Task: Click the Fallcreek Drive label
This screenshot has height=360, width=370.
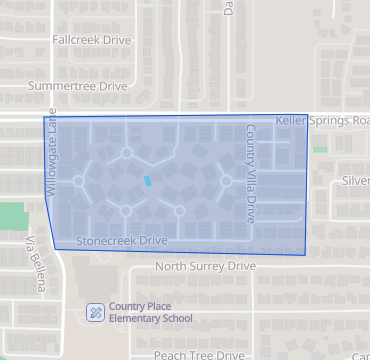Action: [x=91, y=39]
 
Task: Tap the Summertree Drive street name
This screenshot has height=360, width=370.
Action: [x=78, y=87]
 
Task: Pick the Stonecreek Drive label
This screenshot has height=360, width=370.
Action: [x=121, y=241]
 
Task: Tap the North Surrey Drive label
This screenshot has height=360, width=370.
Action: [x=206, y=267]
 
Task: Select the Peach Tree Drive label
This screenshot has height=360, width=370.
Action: [x=199, y=354]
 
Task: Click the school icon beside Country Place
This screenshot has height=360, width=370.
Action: [x=95, y=311]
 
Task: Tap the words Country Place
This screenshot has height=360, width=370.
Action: [x=144, y=306]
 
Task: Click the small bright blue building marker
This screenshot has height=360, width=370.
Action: [x=149, y=181]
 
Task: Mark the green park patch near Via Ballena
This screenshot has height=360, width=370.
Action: [x=11, y=214]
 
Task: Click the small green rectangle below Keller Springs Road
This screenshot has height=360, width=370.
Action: [x=320, y=149]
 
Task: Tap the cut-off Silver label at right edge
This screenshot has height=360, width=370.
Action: [x=355, y=180]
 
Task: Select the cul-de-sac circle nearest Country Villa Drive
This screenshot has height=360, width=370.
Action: [x=226, y=181]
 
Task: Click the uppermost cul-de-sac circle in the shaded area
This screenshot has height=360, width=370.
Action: [x=126, y=153]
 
